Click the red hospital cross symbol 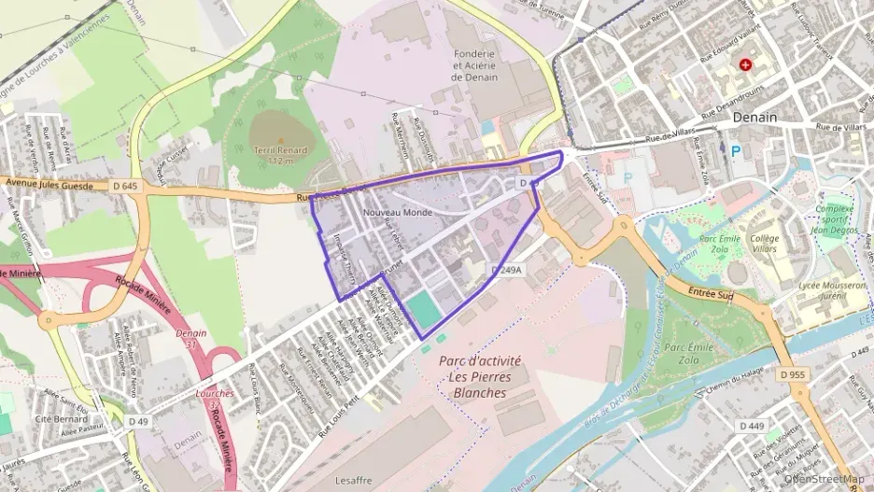click(x=745, y=64)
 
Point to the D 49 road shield click(x=138, y=422)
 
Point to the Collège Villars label click(x=765, y=245)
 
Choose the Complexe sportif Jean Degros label click(x=835, y=219)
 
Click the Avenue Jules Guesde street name click(x=47, y=183)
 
